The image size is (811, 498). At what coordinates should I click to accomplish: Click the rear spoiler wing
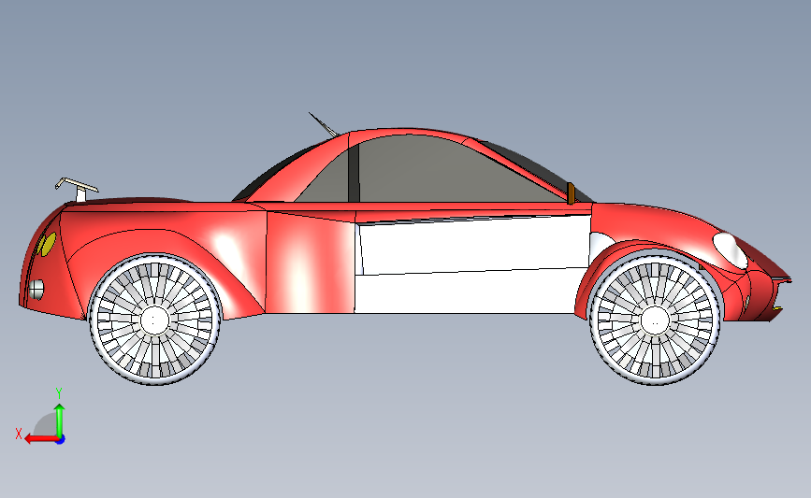(x=73, y=182)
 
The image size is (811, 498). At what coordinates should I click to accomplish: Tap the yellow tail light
(x=45, y=245)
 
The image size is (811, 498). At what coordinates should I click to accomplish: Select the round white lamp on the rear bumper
(x=36, y=289)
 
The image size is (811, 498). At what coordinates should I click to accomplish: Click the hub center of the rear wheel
(x=155, y=320)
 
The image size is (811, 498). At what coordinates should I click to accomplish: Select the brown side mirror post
(x=571, y=192)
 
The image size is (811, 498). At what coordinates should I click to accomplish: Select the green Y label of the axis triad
(x=58, y=392)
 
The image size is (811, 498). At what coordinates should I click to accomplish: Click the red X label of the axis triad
(x=19, y=434)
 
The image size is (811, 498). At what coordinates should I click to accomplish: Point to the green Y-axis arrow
(x=59, y=418)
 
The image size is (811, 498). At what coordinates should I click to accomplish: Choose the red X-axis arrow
(x=37, y=438)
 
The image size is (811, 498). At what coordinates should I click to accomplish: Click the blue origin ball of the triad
(x=59, y=438)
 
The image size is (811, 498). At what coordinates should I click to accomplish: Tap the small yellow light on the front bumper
(x=777, y=308)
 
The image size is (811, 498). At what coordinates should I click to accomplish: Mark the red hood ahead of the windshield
(x=655, y=221)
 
